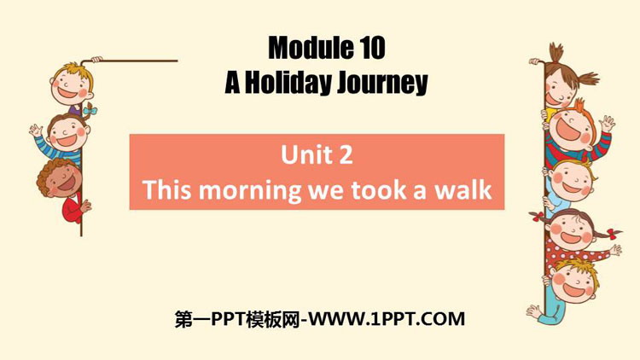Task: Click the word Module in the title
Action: click(311, 48)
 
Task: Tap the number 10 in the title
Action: click(373, 48)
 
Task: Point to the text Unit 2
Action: click(317, 155)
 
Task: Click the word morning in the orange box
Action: click(250, 191)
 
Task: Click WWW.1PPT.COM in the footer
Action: click(387, 319)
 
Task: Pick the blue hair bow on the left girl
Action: click(90, 110)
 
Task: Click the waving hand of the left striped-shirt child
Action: click(36, 131)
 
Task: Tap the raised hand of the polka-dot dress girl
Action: click(614, 249)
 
